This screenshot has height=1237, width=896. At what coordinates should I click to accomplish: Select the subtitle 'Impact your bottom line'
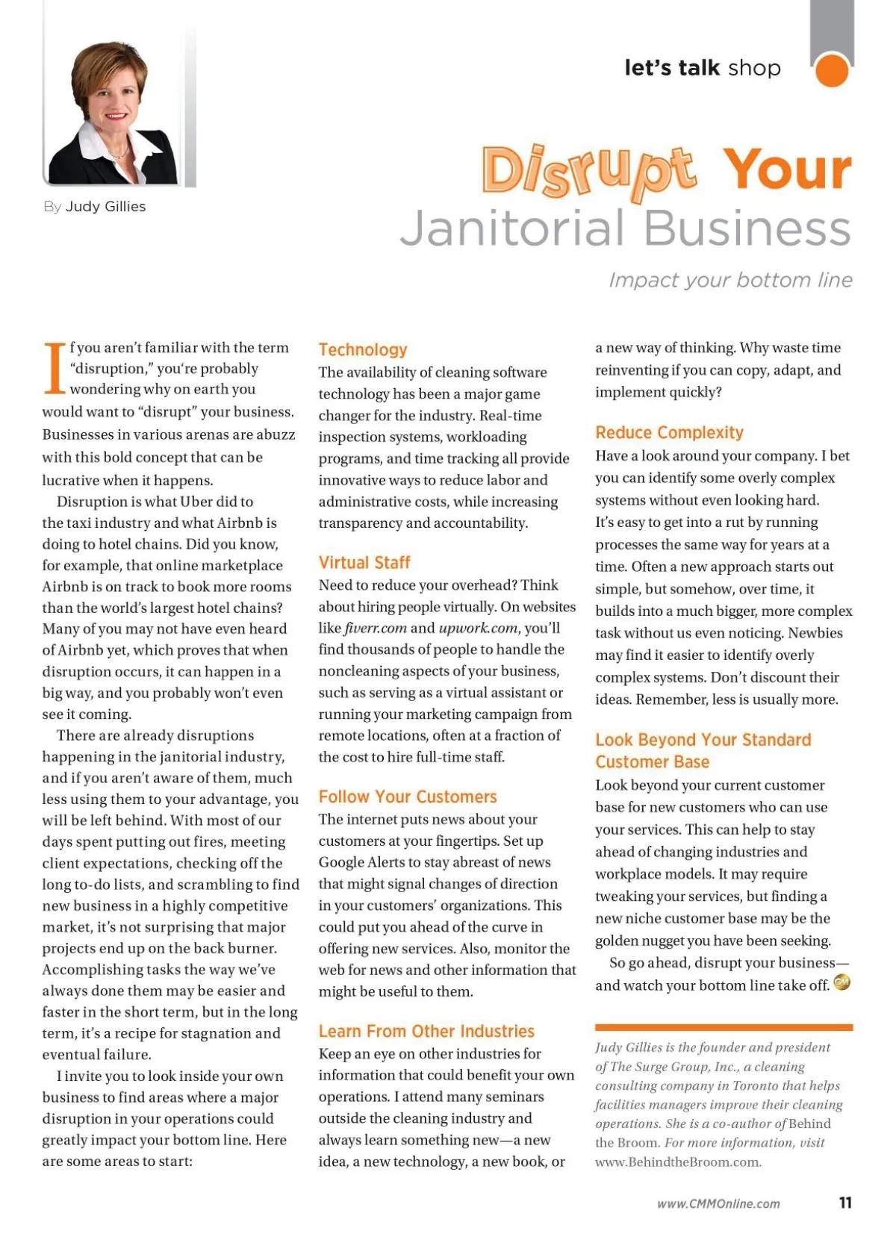click(x=730, y=280)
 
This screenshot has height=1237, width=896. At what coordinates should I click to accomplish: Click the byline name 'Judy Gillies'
click(x=105, y=207)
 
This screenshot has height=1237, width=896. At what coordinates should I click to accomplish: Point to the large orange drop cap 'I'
click(x=55, y=369)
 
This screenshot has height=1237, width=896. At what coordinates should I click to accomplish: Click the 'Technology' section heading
click(x=363, y=350)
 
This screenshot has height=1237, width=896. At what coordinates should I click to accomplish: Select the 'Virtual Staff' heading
click(x=364, y=563)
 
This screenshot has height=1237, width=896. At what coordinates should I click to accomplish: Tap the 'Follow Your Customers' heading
click(x=408, y=797)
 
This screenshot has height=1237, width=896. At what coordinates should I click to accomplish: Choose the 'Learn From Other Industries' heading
click(x=426, y=1031)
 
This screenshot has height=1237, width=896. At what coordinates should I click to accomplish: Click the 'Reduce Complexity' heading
click(x=669, y=433)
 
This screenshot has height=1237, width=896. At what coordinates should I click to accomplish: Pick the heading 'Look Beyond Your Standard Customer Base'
click(x=703, y=750)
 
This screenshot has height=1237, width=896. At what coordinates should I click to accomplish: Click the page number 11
click(x=845, y=1203)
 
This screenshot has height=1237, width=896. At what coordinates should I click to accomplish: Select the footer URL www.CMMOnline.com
click(x=718, y=1203)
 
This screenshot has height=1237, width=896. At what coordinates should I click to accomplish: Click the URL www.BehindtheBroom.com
click(x=678, y=1162)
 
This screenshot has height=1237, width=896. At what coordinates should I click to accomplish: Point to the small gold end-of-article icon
click(x=841, y=982)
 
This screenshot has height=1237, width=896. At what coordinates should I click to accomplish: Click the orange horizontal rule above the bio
click(x=724, y=1027)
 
